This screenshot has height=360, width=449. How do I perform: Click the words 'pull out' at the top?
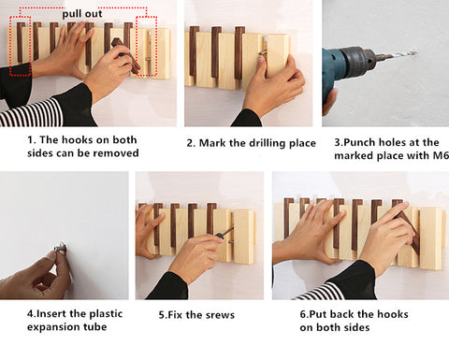click(82, 14)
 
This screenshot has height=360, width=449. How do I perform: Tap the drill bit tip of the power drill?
click(415, 52)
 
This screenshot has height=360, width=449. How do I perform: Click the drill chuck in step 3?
click(364, 59)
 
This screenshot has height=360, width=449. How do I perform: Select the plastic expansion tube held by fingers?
click(60, 249)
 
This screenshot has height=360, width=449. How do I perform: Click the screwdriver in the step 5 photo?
click(224, 233)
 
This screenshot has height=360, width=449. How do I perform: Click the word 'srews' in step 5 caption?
click(219, 315)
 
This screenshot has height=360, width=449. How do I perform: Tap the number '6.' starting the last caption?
click(304, 314)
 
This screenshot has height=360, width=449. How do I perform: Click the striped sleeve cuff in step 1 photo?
click(31, 113)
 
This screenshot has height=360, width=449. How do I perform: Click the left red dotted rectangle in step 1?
click(20, 46)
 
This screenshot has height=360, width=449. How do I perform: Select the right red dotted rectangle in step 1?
click(146, 46)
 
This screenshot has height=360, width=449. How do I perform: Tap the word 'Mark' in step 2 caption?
click(212, 143)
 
